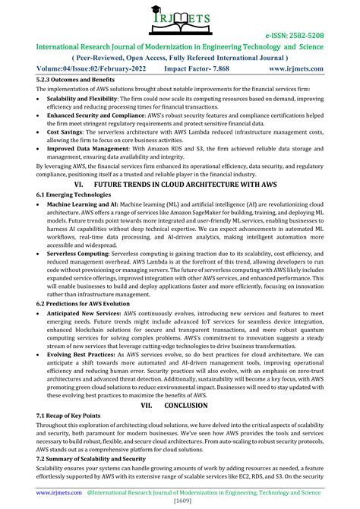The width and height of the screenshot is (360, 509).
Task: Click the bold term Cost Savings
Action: click(66, 142)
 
